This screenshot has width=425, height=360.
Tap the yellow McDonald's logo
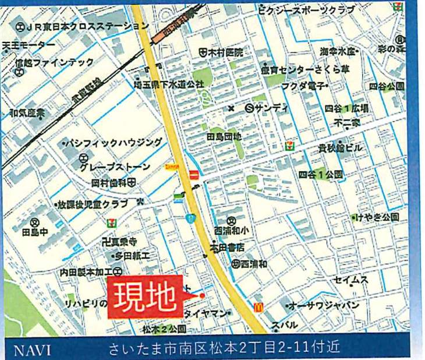point(254,307)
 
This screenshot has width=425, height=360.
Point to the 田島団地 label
point(224,136)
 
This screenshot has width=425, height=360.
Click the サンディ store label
point(268,108)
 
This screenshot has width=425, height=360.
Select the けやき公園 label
point(378,217)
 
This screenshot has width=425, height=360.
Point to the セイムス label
point(351,280)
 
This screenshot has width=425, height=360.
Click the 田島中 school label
point(34,232)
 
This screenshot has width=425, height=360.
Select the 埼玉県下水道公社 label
point(169,84)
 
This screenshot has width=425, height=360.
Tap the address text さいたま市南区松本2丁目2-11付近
point(224,350)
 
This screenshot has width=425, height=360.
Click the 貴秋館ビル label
point(340,148)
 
